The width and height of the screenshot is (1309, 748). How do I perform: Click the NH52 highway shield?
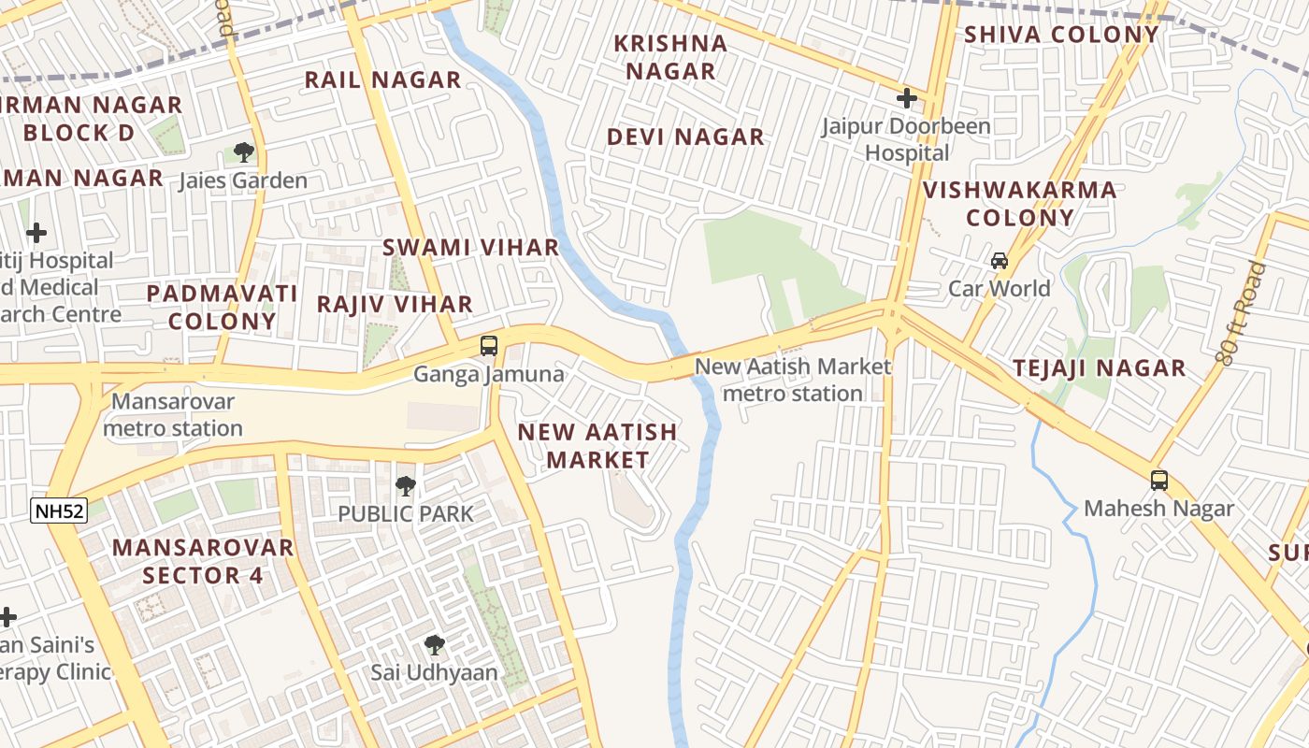point(58,511)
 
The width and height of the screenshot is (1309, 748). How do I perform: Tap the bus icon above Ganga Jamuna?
point(488,346)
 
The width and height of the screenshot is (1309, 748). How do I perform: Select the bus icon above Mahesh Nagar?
point(1159,481)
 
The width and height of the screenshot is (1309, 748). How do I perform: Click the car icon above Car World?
point(1000,261)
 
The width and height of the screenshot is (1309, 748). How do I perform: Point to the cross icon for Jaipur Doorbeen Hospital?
point(906,97)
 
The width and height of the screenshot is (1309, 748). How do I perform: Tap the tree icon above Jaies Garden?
point(243,151)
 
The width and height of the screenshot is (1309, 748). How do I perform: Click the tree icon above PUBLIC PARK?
point(405,485)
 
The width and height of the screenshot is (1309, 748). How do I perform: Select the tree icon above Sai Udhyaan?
point(434,644)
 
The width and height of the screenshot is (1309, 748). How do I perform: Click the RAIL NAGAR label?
point(383,79)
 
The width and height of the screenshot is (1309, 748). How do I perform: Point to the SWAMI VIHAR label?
point(470,248)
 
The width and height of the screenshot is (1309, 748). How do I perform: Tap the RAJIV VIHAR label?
point(395,304)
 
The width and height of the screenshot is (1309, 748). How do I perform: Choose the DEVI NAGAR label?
point(685,137)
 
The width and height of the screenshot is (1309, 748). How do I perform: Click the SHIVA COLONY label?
point(1061,35)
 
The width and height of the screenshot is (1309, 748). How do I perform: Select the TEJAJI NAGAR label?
point(1100,368)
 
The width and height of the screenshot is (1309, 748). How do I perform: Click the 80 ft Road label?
point(1242,313)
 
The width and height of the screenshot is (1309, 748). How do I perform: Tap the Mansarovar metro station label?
point(172,415)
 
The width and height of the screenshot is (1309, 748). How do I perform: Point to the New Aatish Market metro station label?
point(793,380)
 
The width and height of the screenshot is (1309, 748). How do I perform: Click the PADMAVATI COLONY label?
point(223,307)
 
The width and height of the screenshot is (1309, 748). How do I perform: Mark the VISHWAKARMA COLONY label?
point(1020,204)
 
